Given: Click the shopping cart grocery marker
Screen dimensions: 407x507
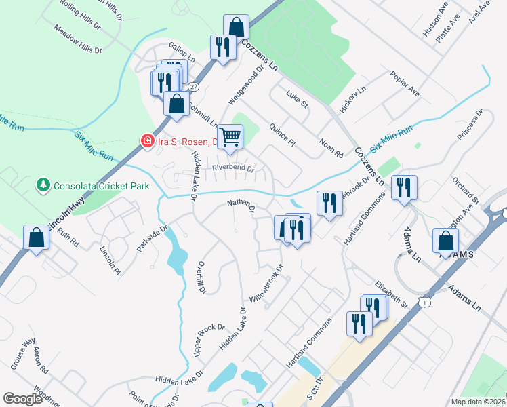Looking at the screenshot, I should (x=230, y=136).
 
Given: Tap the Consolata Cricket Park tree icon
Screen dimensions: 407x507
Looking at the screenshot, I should (x=43, y=184).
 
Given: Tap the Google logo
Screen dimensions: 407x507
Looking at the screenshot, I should (x=22, y=399).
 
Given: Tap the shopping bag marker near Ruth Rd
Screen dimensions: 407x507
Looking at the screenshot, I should (x=36, y=237).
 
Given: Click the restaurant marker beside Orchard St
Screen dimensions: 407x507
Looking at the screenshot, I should (x=404, y=188).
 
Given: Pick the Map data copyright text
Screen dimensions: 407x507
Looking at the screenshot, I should (x=477, y=401).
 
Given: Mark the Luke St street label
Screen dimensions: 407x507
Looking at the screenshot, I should (x=297, y=100).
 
